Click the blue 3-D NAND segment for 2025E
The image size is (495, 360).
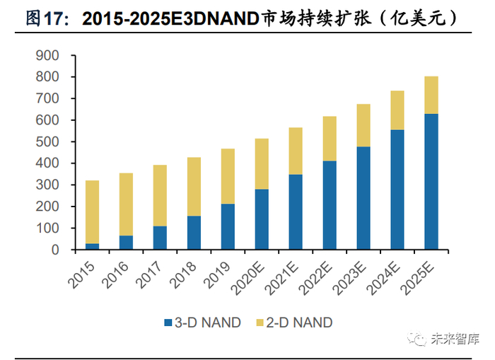tap(431, 182)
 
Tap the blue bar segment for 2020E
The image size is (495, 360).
tap(262, 219)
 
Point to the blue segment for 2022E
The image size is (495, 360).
tap(329, 205)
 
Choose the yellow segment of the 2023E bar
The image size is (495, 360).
tap(363, 125)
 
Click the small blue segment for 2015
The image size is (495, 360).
tap(92, 246)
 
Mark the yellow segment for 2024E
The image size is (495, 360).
tap(397, 110)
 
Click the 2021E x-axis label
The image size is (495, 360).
tap(284, 275)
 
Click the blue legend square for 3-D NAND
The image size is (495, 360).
tap(168, 323)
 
